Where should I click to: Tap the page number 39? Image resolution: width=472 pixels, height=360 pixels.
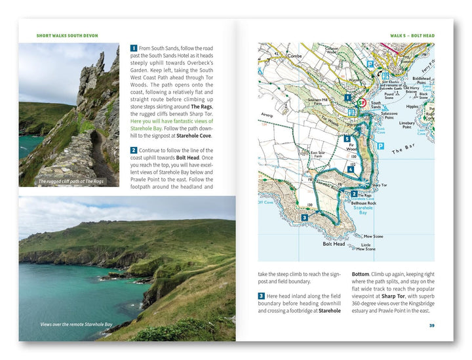tap(431, 325)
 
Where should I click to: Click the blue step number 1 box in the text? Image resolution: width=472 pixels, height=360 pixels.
tap(133, 49)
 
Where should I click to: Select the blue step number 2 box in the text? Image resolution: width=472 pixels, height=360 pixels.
tap(133, 150)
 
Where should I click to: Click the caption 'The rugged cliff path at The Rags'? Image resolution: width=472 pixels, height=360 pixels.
tap(71, 182)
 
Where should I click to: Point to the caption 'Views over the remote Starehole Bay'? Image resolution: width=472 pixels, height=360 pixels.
tap(77, 324)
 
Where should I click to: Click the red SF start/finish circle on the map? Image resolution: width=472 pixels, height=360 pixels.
tap(360, 102)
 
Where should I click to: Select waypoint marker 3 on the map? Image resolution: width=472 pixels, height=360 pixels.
tap(304, 217)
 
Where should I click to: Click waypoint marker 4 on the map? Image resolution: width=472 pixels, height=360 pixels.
tap(351, 169)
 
